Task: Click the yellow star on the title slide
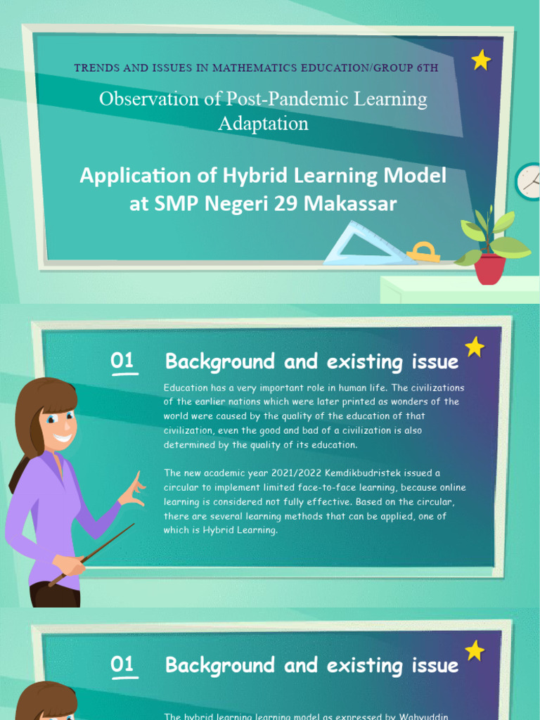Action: pos(481,60)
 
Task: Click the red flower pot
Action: pos(490,269)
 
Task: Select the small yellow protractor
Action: pos(423,252)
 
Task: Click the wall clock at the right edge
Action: pos(528,181)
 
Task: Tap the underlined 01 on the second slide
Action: pos(122,361)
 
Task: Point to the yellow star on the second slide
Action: pos(475,347)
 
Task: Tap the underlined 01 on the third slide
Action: pos(122,664)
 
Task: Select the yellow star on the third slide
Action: pos(475,650)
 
